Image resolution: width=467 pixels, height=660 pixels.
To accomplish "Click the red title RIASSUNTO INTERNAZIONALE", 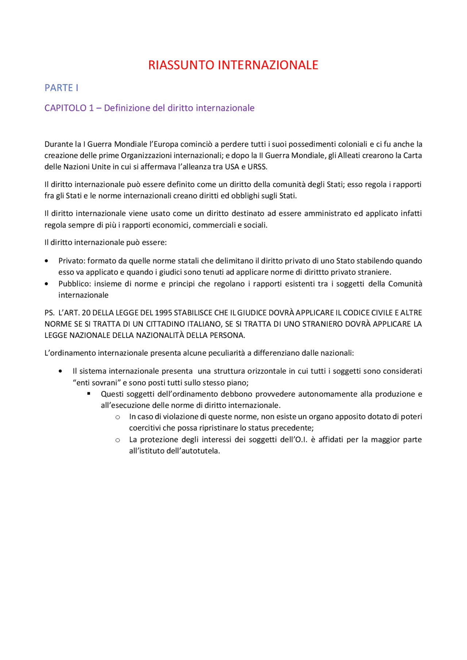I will click(x=233, y=65).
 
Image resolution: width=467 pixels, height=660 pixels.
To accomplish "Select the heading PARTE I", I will click(x=61, y=88).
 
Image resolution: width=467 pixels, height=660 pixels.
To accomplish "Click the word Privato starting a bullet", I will click(x=71, y=261).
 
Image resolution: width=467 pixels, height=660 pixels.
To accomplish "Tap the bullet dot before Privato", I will click(x=46, y=261).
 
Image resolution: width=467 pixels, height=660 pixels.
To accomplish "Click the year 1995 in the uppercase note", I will click(x=163, y=313).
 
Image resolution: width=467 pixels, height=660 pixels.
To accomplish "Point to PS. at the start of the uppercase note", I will click(x=49, y=313).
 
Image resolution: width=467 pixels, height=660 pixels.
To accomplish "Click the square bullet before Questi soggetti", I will click(x=89, y=394).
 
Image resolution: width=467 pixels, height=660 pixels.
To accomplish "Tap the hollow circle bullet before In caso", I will click(x=117, y=417).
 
